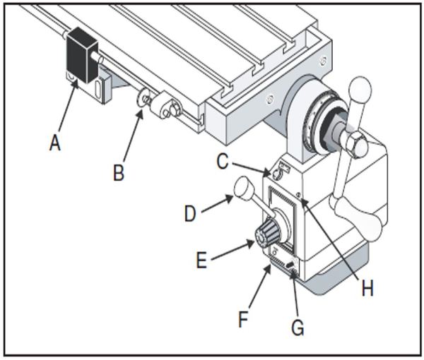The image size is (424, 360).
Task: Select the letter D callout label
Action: [190, 212]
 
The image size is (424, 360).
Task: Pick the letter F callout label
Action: [242, 319]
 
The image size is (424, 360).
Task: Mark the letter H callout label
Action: [367, 288]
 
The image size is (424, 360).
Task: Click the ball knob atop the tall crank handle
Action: [360, 89]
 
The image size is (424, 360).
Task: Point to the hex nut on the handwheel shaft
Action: [355, 144]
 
